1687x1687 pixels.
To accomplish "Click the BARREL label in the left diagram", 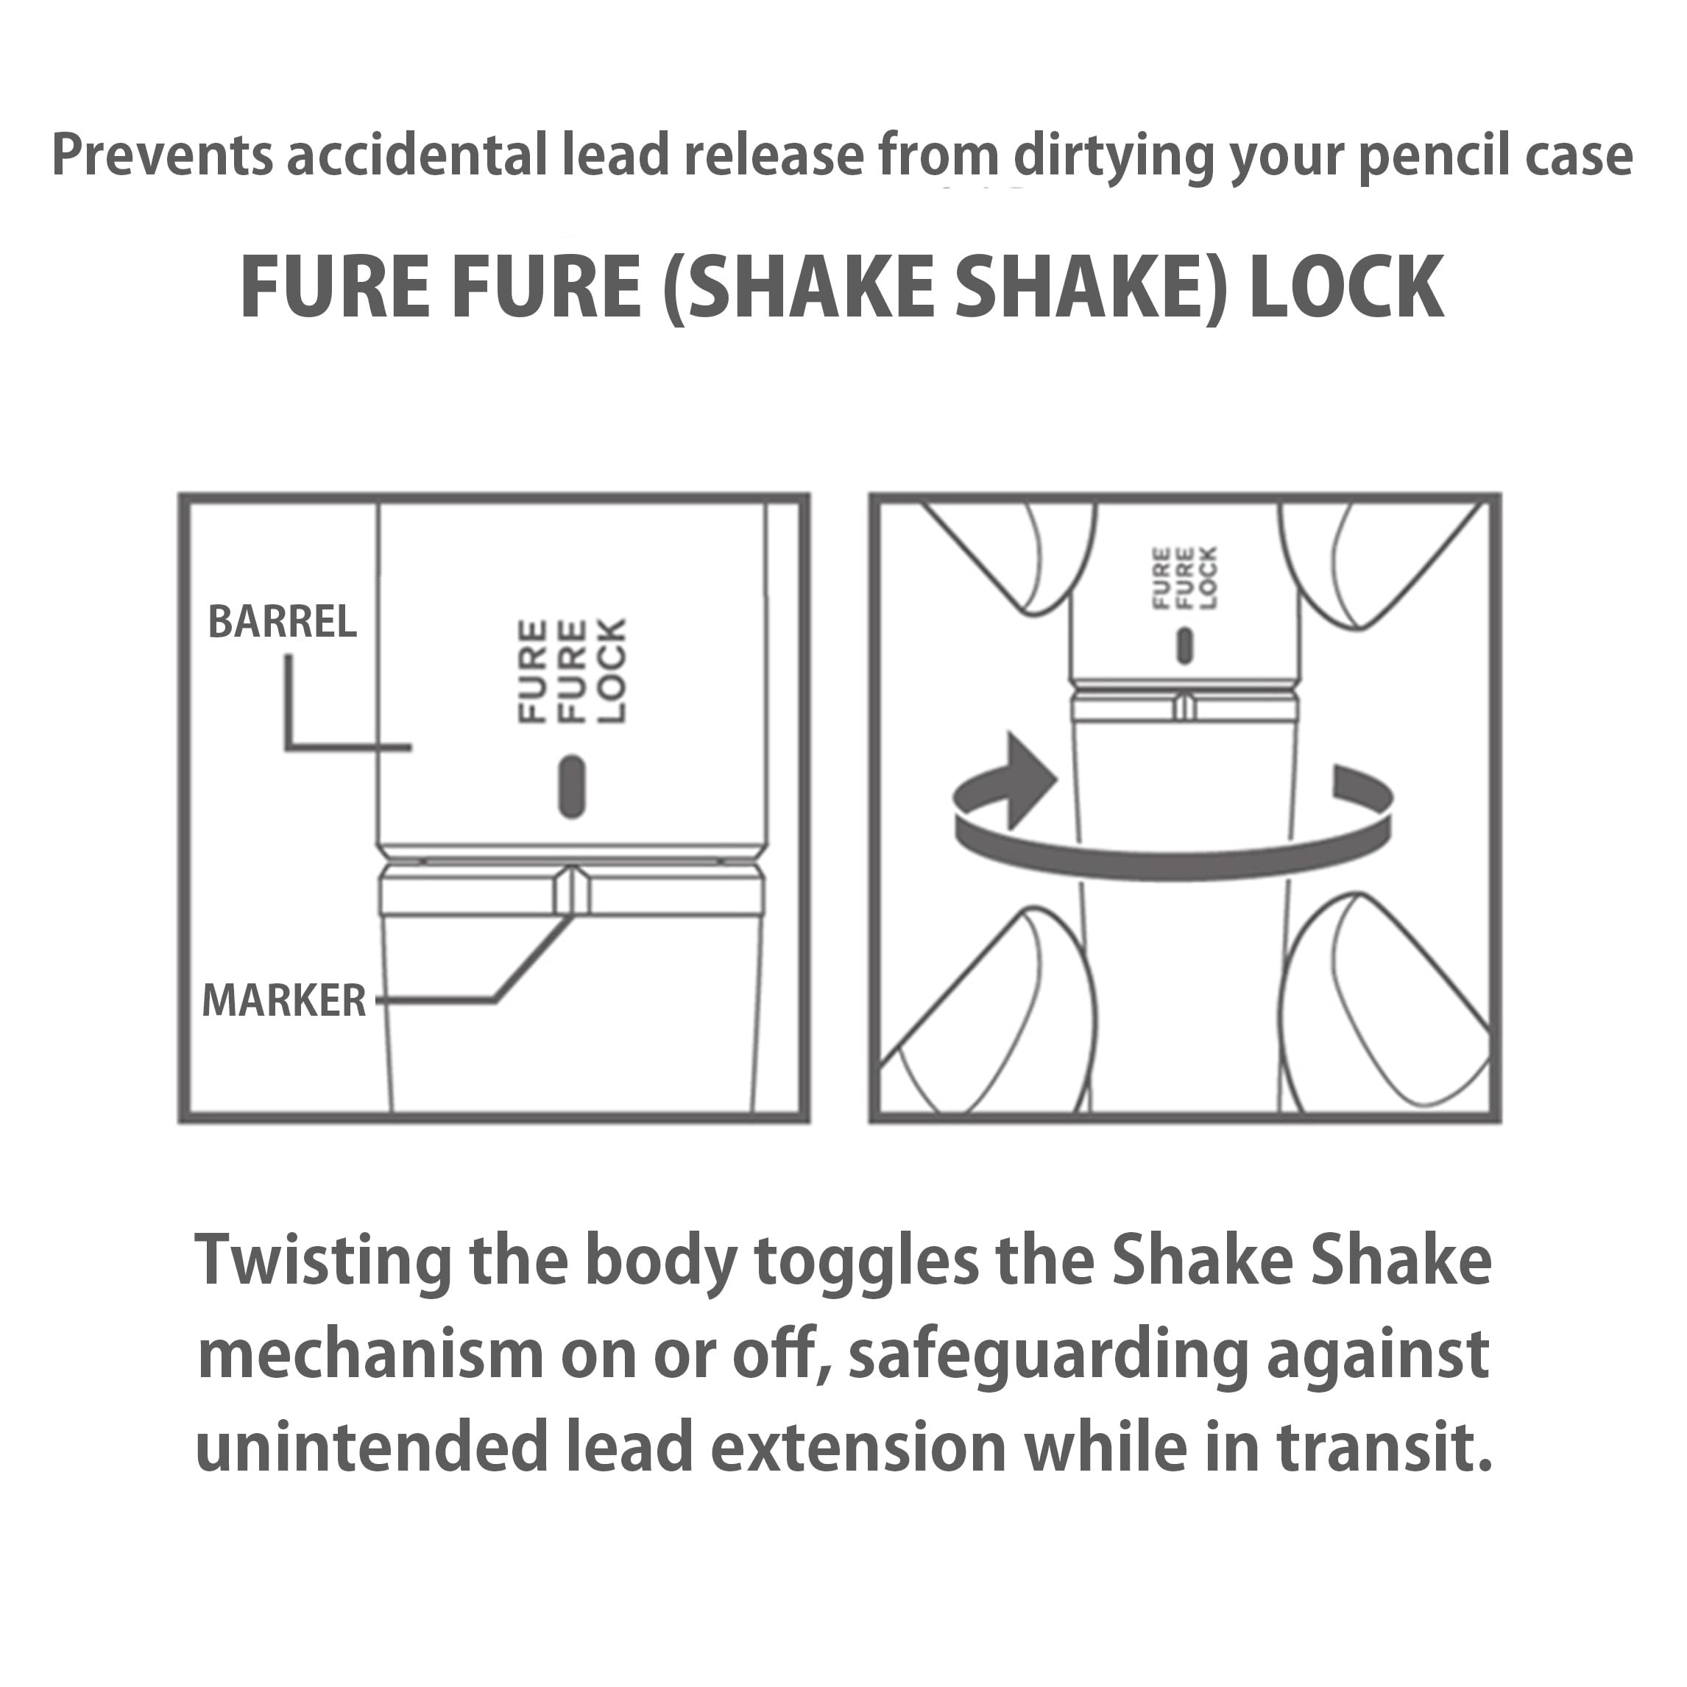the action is tap(282, 622).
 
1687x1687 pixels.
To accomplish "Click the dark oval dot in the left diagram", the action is tap(571, 787).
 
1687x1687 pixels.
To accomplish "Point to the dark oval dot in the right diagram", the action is tap(1185, 646).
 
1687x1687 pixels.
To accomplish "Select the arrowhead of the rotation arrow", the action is tap(1030, 779).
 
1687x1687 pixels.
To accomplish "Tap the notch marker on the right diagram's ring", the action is tap(1184, 704).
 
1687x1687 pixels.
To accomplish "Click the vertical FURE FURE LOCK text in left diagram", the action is tap(572, 671).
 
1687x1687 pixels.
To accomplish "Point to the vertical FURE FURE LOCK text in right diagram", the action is tap(1185, 578).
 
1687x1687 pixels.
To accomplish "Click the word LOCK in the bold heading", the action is tap(1345, 287).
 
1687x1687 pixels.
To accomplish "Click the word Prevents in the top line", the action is tap(163, 155).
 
